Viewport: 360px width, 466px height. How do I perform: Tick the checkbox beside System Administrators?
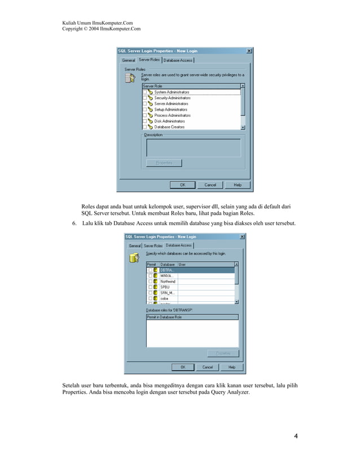[144, 92]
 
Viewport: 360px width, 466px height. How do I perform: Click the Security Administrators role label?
[172, 98]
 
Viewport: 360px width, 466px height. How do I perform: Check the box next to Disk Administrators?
[144, 121]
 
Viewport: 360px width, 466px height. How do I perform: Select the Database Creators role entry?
[169, 127]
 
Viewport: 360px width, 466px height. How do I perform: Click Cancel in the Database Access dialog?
[208, 367]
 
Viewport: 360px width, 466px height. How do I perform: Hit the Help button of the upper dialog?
[238, 184]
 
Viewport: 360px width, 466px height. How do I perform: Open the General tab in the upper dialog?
[129, 60]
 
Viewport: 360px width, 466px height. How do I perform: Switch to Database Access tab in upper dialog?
[178, 60]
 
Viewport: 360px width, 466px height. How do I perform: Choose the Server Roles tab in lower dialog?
[153, 246]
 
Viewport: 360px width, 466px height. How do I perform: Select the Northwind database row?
[168, 281]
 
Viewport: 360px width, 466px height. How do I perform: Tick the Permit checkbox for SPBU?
[150, 287]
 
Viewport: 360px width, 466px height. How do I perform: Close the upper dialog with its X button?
[249, 51]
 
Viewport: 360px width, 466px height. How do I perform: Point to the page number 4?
[296, 436]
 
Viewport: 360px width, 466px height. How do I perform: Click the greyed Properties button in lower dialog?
[223, 354]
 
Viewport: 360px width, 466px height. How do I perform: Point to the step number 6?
[73, 224]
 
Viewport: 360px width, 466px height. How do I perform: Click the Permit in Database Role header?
[164, 317]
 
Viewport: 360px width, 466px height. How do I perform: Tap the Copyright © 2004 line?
[101, 28]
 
